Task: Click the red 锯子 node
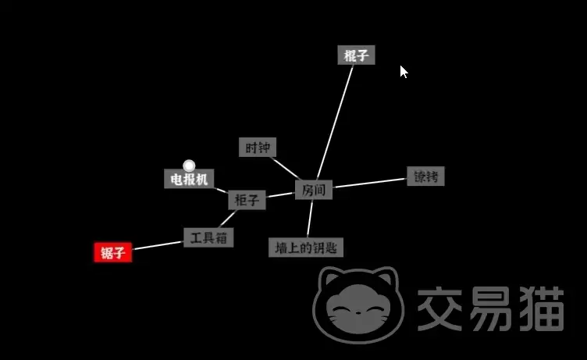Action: click(x=112, y=252)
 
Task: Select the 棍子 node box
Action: click(x=356, y=55)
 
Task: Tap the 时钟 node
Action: click(x=258, y=148)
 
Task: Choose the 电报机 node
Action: click(x=189, y=179)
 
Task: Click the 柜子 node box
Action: click(x=247, y=200)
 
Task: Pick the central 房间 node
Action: click(x=314, y=190)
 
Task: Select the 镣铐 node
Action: click(x=425, y=176)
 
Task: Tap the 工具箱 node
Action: click(x=208, y=237)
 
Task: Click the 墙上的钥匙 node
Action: click(x=306, y=248)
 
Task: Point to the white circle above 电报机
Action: click(x=189, y=166)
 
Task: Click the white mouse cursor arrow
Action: click(x=403, y=72)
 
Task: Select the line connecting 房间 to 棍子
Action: click(x=335, y=122)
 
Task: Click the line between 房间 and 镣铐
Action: click(x=370, y=183)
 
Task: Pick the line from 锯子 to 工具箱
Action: click(x=158, y=245)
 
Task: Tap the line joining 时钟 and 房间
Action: click(x=286, y=169)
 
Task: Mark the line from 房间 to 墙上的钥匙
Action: click(x=310, y=219)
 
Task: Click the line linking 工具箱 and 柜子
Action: click(x=228, y=219)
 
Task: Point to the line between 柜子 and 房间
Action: click(x=280, y=194)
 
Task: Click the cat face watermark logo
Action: click(x=358, y=305)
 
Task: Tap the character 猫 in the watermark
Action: click(x=541, y=308)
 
